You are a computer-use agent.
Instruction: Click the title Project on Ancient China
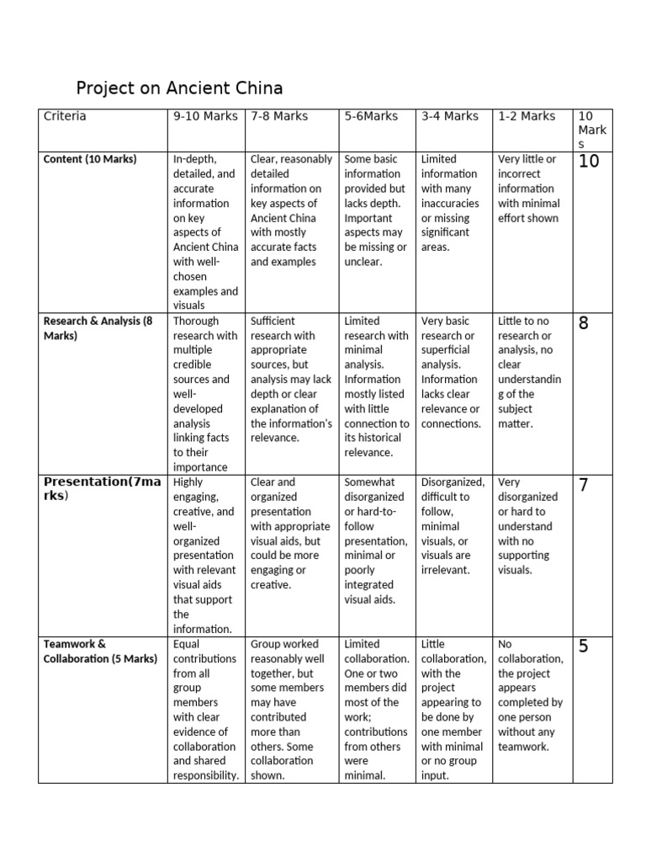click(x=179, y=88)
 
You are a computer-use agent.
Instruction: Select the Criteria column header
click(x=65, y=116)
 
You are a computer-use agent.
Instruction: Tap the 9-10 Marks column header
click(x=205, y=116)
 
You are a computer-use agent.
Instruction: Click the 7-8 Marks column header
click(x=280, y=116)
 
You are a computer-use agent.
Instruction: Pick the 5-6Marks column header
click(x=370, y=116)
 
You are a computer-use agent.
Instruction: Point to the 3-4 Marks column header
click(x=449, y=116)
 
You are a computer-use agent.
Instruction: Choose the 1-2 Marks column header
click(x=527, y=116)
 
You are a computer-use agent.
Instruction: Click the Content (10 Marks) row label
click(x=90, y=159)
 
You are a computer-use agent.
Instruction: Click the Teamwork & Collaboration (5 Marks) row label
click(x=99, y=651)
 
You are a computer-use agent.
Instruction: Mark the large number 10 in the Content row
click(x=589, y=162)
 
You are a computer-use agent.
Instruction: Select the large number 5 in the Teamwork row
click(x=584, y=647)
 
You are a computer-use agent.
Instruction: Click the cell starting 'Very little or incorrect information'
click(x=529, y=188)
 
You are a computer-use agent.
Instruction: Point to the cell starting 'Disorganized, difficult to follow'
click(x=453, y=526)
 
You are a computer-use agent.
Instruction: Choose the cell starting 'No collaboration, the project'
click(x=530, y=694)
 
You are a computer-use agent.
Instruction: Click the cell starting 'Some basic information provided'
click(x=375, y=210)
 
